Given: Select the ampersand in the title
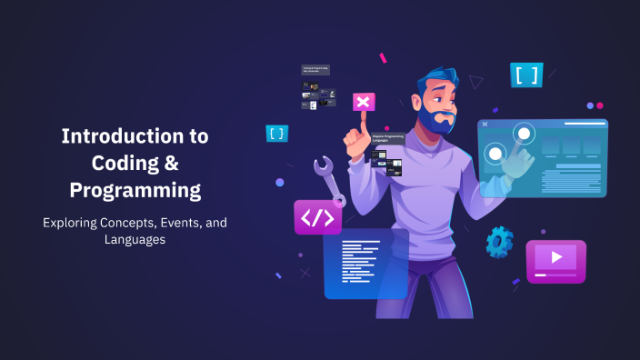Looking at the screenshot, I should coord(170,164).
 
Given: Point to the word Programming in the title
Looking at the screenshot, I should coord(135,191).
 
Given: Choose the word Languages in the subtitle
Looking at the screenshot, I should coord(135,240).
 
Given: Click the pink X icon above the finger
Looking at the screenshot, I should coord(364,102).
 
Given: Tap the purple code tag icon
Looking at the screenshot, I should coord(316,218).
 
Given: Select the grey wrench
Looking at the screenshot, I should coord(328,179).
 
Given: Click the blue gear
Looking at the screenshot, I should coord(499,242).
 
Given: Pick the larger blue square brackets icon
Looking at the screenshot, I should coord(526,75).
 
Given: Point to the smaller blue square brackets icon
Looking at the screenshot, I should coord(276,134).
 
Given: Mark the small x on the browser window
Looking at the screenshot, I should coord(485,124).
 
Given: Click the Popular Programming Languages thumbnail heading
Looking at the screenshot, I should coord(385,139).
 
